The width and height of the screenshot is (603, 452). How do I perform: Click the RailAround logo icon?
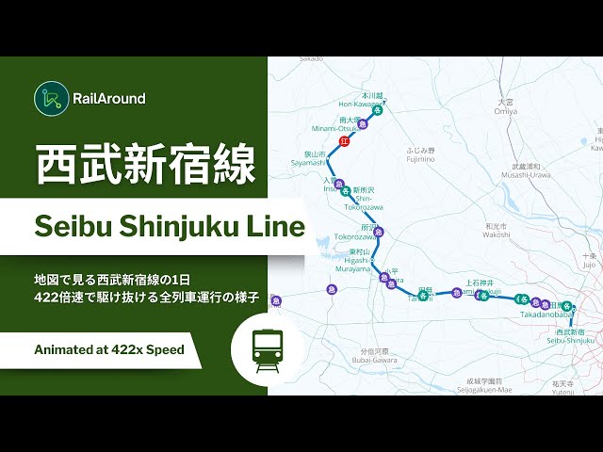(x=50, y=97)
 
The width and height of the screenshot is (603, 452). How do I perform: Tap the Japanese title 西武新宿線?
(x=145, y=165)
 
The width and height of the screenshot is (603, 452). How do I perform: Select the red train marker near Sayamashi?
(x=344, y=141)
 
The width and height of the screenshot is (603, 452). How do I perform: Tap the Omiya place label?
(x=506, y=105)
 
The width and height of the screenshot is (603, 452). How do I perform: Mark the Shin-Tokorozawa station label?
(x=363, y=202)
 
